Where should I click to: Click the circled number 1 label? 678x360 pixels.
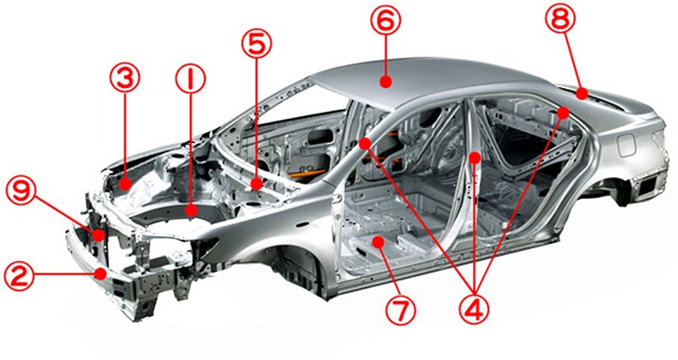(191, 80)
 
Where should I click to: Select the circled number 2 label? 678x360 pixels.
(19, 277)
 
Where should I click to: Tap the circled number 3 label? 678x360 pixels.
(125, 78)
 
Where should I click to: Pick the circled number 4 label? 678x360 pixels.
(474, 308)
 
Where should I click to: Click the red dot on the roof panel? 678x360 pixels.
(386, 80)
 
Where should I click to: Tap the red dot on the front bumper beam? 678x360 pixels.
(102, 274)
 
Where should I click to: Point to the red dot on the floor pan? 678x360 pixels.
(379, 241)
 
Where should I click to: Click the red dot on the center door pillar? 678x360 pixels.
(475, 158)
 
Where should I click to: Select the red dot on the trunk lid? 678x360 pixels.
(582, 93)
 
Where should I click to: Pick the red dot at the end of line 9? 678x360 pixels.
(99, 235)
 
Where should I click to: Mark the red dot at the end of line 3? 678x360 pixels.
(125, 184)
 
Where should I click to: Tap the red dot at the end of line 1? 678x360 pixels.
(191, 210)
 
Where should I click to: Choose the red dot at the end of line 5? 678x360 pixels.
(258, 185)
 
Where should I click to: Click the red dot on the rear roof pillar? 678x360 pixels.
(563, 113)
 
